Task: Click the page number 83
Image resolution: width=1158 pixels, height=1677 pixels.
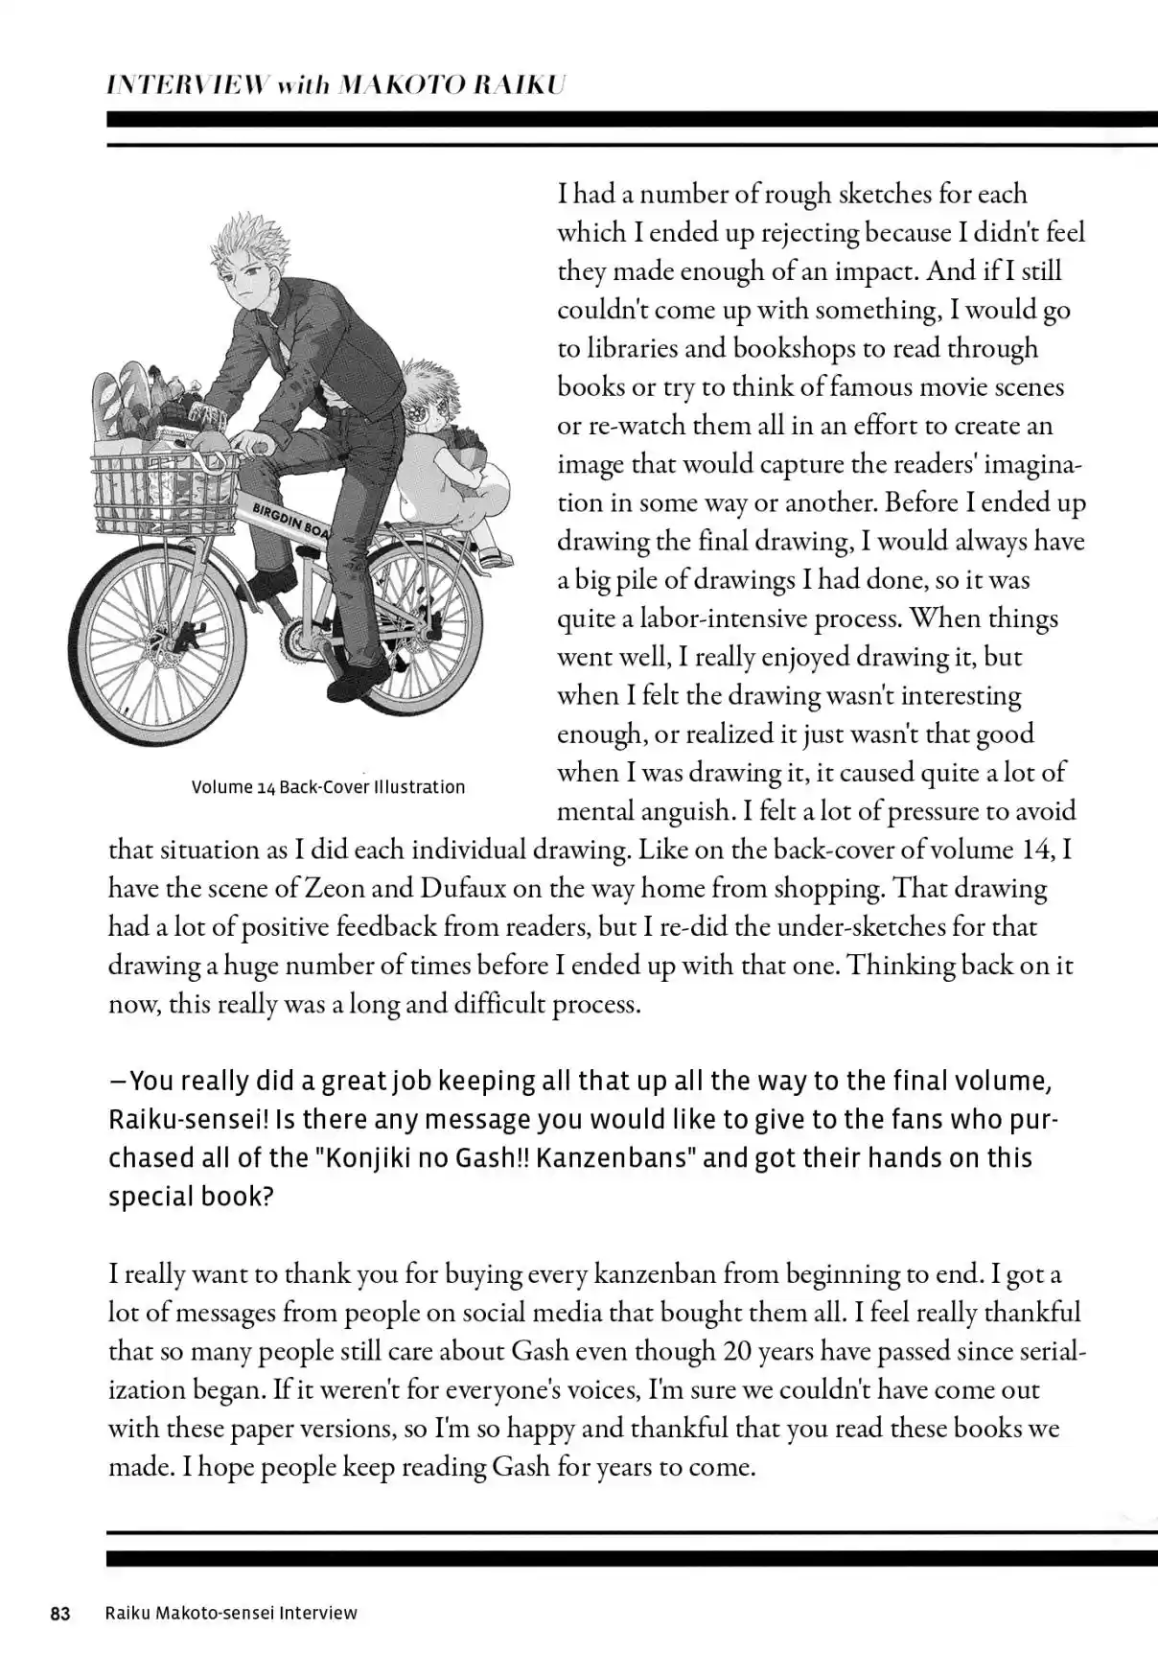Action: point(60,1614)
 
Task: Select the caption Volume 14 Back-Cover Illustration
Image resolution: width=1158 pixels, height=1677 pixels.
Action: point(328,787)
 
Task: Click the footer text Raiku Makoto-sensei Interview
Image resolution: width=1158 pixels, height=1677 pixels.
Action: point(230,1614)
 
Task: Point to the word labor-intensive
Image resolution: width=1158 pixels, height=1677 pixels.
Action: point(724,618)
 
